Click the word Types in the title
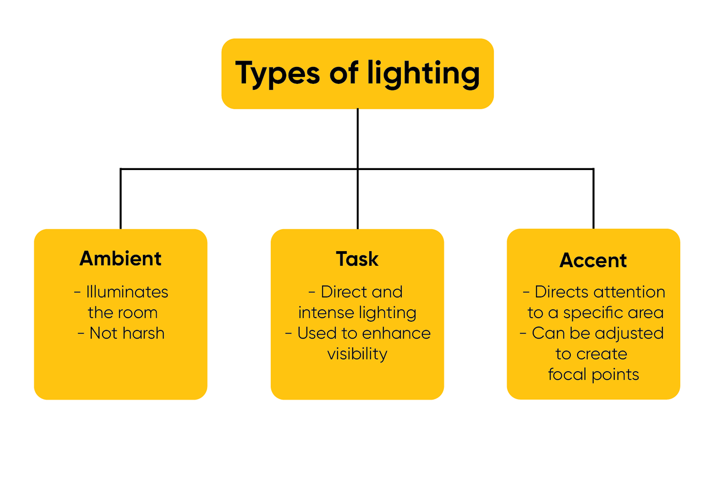[277, 74]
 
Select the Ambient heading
[120, 258]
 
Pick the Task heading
[357, 259]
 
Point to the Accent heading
[593, 260]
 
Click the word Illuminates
[127, 292]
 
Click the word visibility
[357, 354]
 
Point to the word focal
[567, 374]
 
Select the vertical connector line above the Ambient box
[121, 199]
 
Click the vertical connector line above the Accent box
[593, 199]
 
